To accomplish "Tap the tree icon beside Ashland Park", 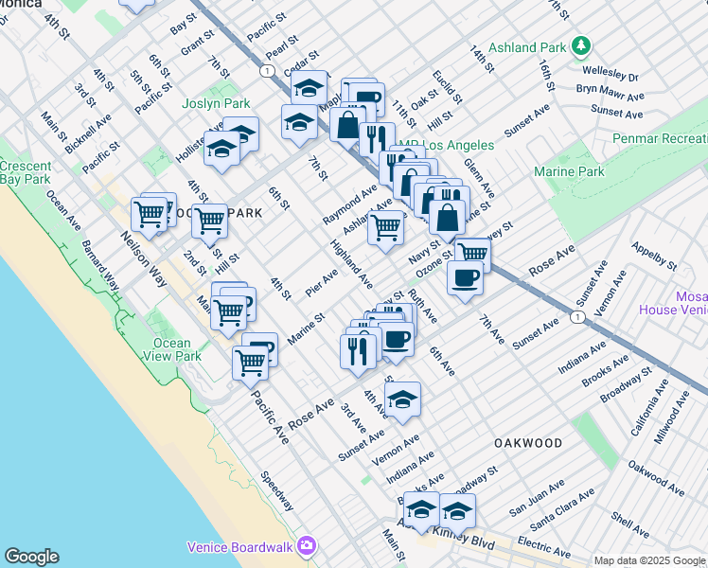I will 580,45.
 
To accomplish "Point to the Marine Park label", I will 569,171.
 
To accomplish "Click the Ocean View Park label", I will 172,349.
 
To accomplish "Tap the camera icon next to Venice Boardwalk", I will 306,544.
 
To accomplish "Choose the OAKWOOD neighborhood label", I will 527,443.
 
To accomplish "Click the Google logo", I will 31,557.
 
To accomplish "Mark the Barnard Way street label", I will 100,264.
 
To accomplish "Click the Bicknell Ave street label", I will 90,134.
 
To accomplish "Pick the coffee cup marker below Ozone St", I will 465,278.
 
